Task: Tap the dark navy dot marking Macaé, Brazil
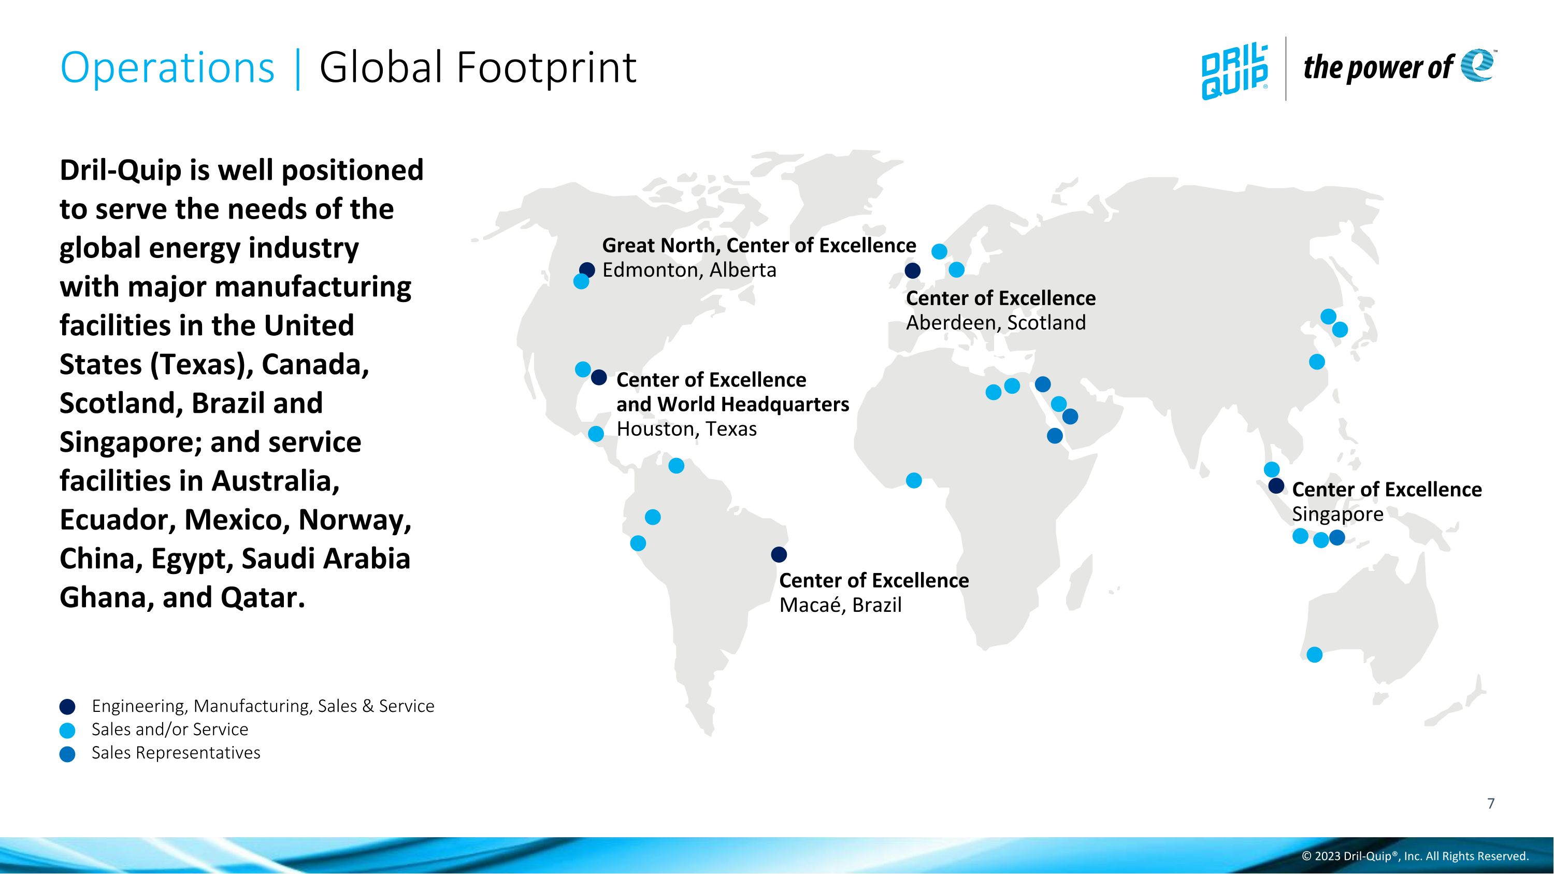[779, 554]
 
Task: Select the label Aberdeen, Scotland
[996, 323]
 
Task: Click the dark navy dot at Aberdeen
[913, 271]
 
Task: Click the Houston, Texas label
[686, 429]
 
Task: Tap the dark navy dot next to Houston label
[598, 378]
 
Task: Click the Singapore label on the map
[1337, 514]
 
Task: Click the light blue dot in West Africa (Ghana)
[914, 480]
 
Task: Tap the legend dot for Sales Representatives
[67, 754]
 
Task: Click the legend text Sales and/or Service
[169, 729]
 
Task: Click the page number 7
[1491, 804]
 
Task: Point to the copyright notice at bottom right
[1415, 856]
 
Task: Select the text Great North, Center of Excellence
[758, 246]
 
